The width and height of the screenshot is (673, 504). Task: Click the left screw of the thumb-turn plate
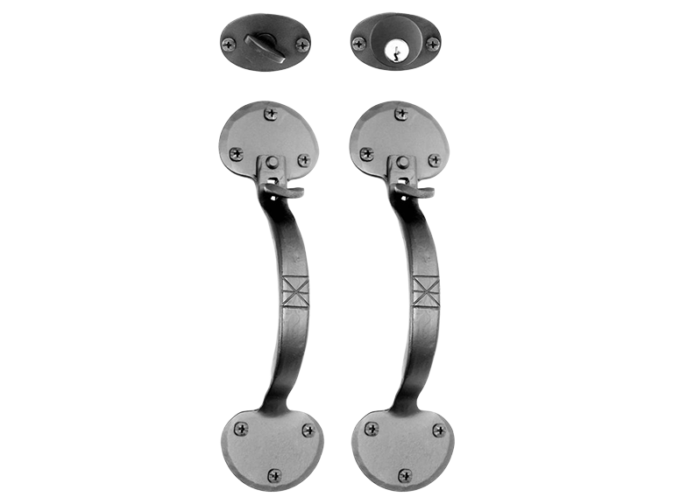tap(229, 44)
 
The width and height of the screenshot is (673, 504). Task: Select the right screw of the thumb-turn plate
tap(302, 44)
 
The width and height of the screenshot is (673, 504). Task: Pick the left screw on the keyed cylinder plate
tap(358, 44)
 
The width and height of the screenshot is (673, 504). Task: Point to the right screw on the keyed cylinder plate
tap(432, 44)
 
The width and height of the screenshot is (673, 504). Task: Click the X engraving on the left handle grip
tap(295, 290)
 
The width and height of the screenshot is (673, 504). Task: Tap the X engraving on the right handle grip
tap(426, 290)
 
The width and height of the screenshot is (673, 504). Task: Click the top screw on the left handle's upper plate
tap(270, 114)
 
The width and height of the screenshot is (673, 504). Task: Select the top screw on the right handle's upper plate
tap(400, 114)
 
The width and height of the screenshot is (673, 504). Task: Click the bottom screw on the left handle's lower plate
tap(273, 475)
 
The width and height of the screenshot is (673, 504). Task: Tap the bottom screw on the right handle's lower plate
tap(404, 475)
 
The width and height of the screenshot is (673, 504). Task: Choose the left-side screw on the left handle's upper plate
tap(236, 154)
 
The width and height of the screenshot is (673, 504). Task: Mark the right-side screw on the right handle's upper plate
tap(434, 160)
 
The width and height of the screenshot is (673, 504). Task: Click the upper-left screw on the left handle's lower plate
tap(240, 428)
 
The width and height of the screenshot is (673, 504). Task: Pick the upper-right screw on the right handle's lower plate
tap(438, 430)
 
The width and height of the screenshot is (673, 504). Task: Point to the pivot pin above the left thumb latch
tap(272, 163)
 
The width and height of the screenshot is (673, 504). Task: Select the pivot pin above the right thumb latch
tap(402, 163)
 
